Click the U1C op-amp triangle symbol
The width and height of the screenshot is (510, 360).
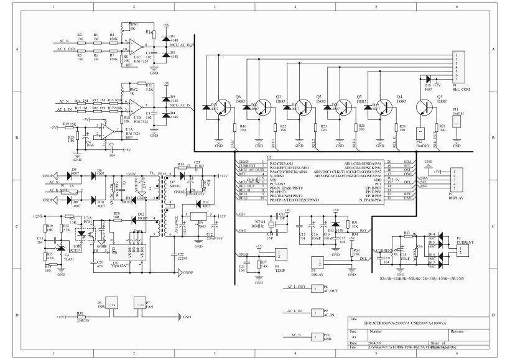pyautogui.click(x=135, y=46)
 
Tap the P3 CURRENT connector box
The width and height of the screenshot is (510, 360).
pyautogui.click(x=461, y=249)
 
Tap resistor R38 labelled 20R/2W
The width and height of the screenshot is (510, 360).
pyautogui.click(x=80, y=316)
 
